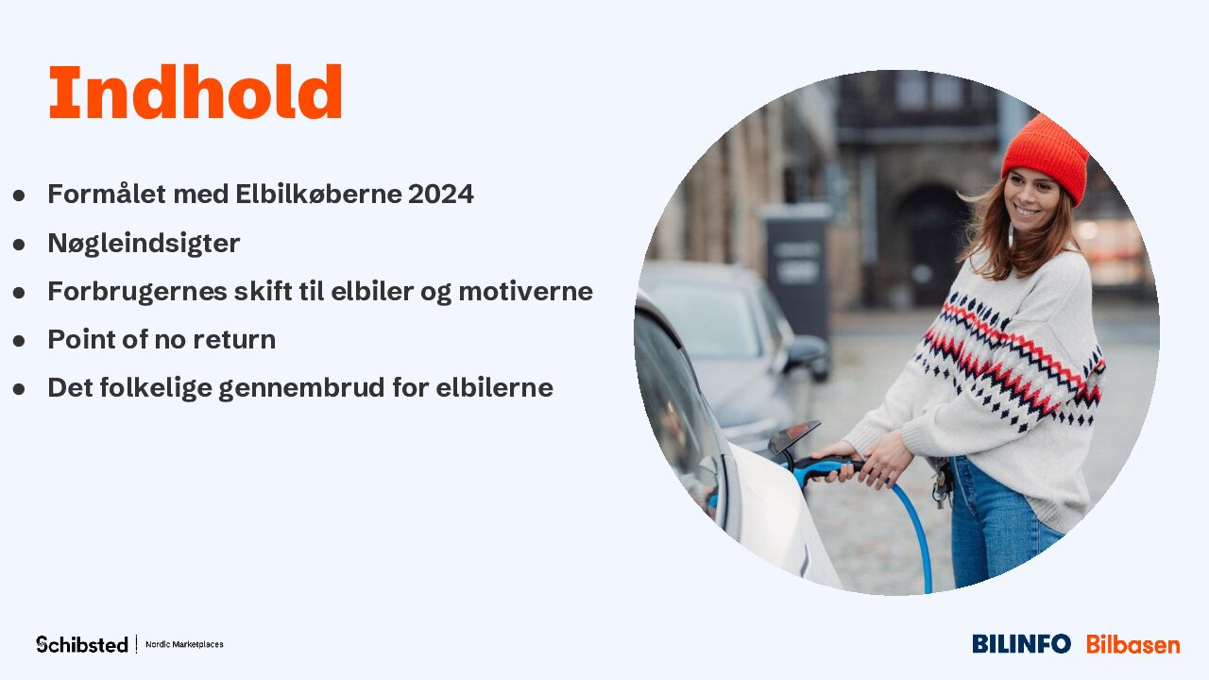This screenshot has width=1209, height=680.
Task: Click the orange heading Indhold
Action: pyautogui.click(x=196, y=92)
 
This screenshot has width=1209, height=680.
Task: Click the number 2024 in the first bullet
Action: pyautogui.click(x=441, y=194)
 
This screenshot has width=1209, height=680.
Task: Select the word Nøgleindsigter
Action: pyautogui.click(x=144, y=244)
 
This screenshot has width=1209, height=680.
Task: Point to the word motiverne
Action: pyautogui.click(x=526, y=292)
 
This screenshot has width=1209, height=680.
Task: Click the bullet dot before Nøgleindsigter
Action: pyautogui.click(x=19, y=245)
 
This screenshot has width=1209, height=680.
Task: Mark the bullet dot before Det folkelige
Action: pyautogui.click(x=19, y=389)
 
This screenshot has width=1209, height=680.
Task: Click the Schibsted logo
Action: pyautogui.click(x=82, y=644)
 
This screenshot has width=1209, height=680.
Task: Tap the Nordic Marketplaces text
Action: pyautogui.click(x=184, y=644)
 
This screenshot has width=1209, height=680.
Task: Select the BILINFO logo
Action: pyautogui.click(x=1021, y=644)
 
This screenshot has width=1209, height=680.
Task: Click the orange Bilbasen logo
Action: pyautogui.click(x=1132, y=644)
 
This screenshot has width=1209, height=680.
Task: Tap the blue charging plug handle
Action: pyautogui.click(x=826, y=467)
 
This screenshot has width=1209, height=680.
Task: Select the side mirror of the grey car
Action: pyautogui.click(x=808, y=355)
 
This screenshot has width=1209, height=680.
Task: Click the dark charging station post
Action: pyautogui.click(x=797, y=270)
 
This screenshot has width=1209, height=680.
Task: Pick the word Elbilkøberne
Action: pyautogui.click(x=318, y=194)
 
